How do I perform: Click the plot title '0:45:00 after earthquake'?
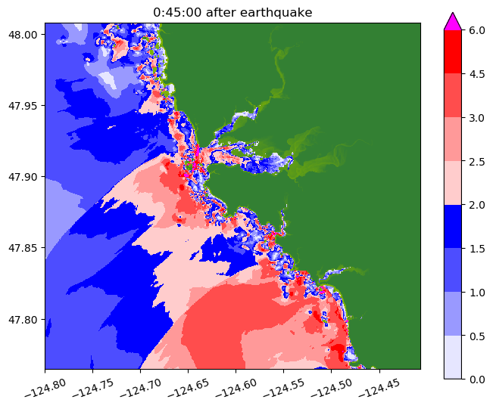click(x=232, y=12)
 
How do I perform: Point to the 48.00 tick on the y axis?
click(x=26, y=35)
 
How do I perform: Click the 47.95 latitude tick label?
click(x=26, y=106)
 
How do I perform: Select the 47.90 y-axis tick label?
click(x=26, y=177)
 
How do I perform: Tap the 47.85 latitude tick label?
click(x=26, y=248)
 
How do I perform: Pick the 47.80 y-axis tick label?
click(x=26, y=319)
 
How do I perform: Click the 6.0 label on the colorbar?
click(x=477, y=30)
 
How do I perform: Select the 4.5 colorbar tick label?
click(x=477, y=74)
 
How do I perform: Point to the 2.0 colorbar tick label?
click(x=477, y=204)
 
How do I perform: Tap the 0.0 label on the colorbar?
click(x=477, y=378)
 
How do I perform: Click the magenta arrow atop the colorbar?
click(x=453, y=21)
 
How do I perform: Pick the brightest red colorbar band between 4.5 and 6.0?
click(x=453, y=52)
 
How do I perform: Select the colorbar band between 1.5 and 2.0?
click(x=453, y=226)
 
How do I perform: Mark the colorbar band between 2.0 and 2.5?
click(x=453, y=182)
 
